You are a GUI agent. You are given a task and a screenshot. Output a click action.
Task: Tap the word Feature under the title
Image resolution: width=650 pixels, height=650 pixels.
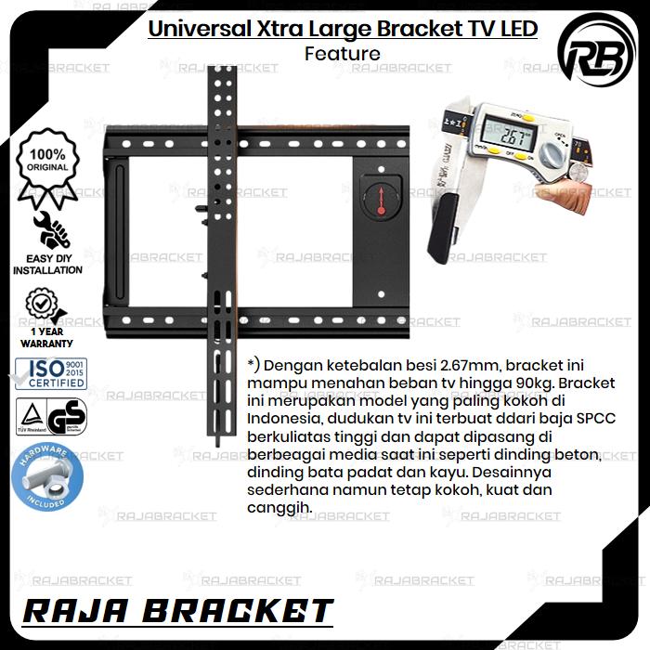pyautogui.click(x=342, y=54)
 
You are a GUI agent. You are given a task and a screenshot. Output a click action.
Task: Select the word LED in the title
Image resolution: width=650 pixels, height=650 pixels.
pyautogui.click(x=518, y=29)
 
